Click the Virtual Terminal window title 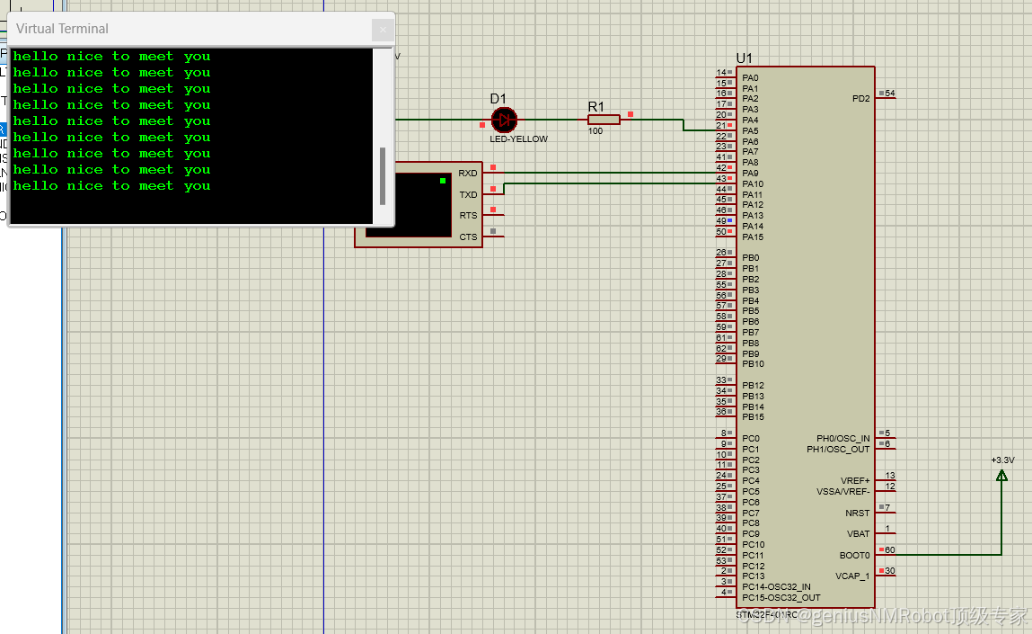tap(62, 29)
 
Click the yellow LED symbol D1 tap(505, 119)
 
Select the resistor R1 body tap(604, 119)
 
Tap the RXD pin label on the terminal tap(468, 174)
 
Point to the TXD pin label tap(468, 194)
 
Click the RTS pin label tap(468, 216)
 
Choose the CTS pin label tap(468, 237)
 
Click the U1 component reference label tap(745, 58)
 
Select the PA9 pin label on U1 tap(751, 174)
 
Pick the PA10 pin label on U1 tap(753, 184)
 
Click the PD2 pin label tap(860, 99)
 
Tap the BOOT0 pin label tap(854, 556)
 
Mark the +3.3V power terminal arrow tap(1001, 474)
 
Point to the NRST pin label tap(857, 513)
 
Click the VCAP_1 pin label tap(852, 576)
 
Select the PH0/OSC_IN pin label tap(842, 439)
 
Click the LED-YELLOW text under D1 tap(518, 139)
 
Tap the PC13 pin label tap(753, 576)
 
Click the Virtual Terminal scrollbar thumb tap(383, 175)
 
